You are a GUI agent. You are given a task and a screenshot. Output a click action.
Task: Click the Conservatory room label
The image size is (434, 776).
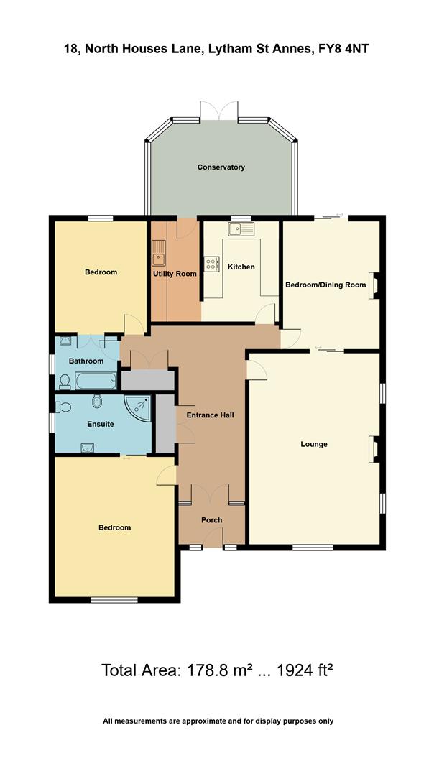(x=221, y=167)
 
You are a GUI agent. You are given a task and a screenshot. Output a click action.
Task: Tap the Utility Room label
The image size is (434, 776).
(x=175, y=274)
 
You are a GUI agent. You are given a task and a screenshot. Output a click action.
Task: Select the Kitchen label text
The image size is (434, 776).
(x=241, y=267)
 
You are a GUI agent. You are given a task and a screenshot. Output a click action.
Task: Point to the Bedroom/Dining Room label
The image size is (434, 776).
(x=325, y=285)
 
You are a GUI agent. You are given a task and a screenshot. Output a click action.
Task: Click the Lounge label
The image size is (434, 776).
(x=314, y=444)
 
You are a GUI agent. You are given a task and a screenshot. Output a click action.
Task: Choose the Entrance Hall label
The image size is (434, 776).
(x=210, y=415)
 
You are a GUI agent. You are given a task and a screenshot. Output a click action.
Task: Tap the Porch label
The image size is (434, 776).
(x=211, y=520)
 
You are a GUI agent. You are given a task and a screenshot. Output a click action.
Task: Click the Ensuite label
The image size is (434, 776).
(x=101, y=424)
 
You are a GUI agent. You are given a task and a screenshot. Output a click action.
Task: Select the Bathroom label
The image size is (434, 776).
(x=86, y=361)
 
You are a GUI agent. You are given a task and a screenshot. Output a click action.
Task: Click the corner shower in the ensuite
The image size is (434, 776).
(x=138, y=408)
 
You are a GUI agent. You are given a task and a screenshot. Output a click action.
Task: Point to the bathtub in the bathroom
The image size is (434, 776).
(x=95, y=380)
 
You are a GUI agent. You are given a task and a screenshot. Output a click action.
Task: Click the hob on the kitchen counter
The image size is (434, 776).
(x=212, y=264)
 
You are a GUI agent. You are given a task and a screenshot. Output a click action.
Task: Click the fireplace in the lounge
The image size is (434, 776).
(x=373, y=448)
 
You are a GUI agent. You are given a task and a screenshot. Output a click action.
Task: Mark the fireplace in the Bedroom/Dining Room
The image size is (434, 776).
(x=374, y=285)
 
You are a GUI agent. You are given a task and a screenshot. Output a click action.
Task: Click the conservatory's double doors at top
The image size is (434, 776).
(x=218, y=111)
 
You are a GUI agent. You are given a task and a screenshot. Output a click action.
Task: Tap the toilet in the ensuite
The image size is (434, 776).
(x=63, y=407)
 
